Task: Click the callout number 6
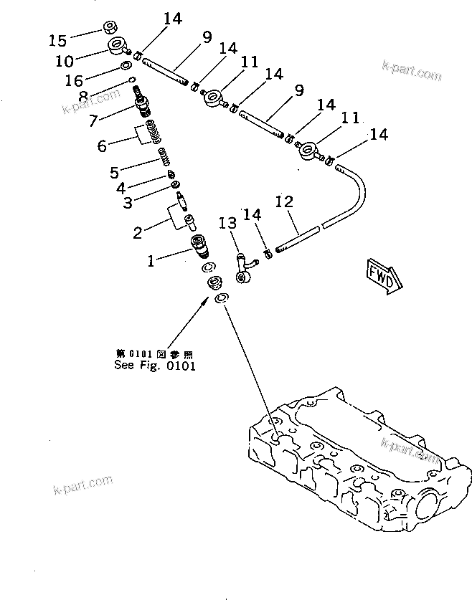(x=102, y=146)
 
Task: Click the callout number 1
(x=151, y=262)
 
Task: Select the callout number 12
(x=285, y=203)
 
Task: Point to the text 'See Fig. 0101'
(x=155, y=364)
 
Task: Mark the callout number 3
(x=127, y=204)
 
